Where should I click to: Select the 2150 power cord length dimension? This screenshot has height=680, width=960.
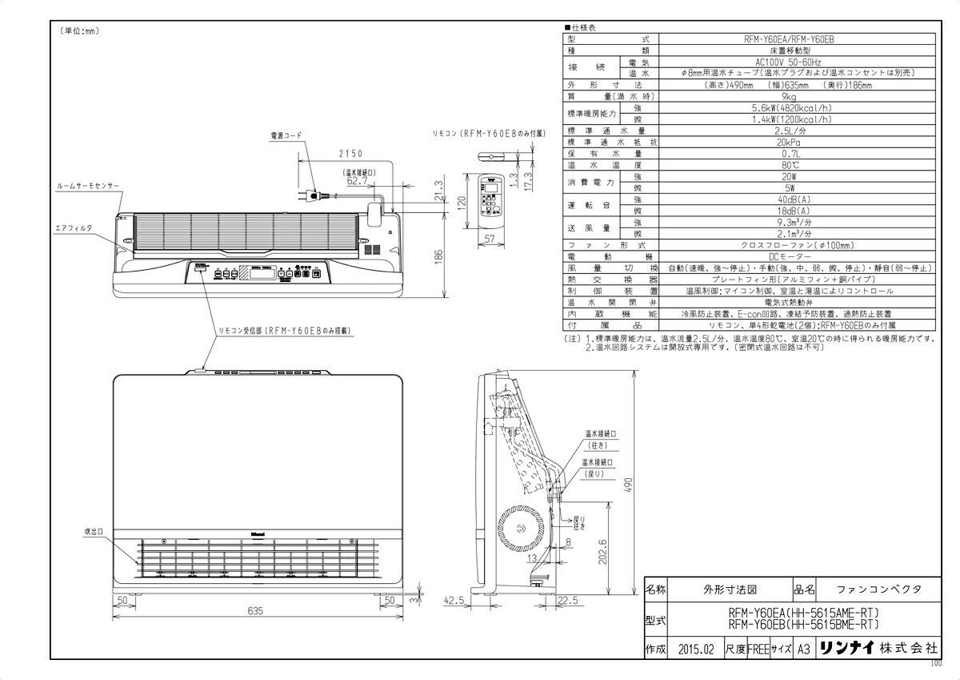(350, 153)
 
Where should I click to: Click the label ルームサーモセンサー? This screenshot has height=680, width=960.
(88, 185)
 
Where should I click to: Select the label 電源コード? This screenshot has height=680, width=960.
(286, 137)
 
